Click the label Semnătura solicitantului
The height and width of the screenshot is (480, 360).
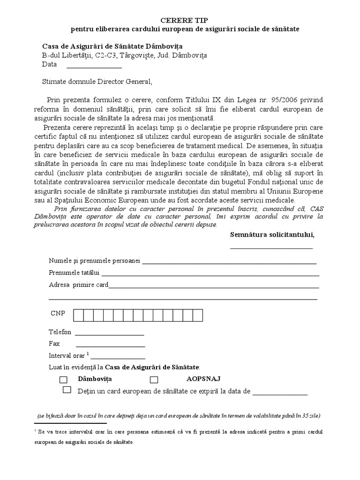tap(272, 234)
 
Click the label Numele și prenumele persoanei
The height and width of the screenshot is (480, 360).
tap(94, 261)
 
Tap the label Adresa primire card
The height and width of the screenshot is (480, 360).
tap(78, 285)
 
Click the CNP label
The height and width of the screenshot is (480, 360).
tap(58, 313)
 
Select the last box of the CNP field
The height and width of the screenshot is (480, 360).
tap(198, 315)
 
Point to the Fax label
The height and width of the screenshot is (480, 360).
tap(54, 344)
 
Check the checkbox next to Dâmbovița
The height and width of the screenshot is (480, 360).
tap(64, 379)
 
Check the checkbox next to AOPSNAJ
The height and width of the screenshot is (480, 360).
tap(153, 379)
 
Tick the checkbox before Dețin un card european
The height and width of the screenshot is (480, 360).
tap(67, 390)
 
